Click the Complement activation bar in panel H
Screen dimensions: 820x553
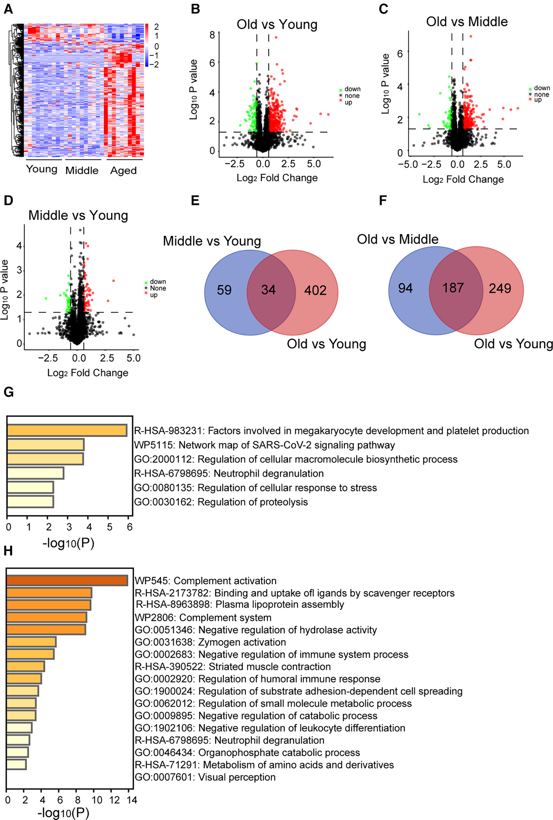tap(67, 581)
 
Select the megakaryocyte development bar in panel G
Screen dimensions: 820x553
tap(67, 430)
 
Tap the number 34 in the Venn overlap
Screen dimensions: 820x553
tap(268, 290)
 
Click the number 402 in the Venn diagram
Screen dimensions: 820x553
tap(315, 290)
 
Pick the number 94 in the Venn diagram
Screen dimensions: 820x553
tap(405, 288)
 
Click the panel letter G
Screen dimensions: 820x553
tap(9, 392)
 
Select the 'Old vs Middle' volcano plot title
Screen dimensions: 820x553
tap(466, 22)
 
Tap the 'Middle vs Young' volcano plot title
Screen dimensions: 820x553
tap(78, 215)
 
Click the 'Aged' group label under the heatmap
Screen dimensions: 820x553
tap(124, 171)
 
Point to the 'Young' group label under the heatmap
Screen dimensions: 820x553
tap(42, 169)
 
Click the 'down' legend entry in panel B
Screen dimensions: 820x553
tap(352, 89)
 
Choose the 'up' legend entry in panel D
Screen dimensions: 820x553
tap(154, 295)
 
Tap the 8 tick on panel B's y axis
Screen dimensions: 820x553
tap(212, 34)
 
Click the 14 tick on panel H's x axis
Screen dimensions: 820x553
tap(132, 800)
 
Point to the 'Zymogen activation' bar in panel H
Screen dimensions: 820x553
tap(31, 642)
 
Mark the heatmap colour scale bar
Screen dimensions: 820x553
tap(147, 45)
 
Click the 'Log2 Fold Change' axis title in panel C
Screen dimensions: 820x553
tap(463, 180)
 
